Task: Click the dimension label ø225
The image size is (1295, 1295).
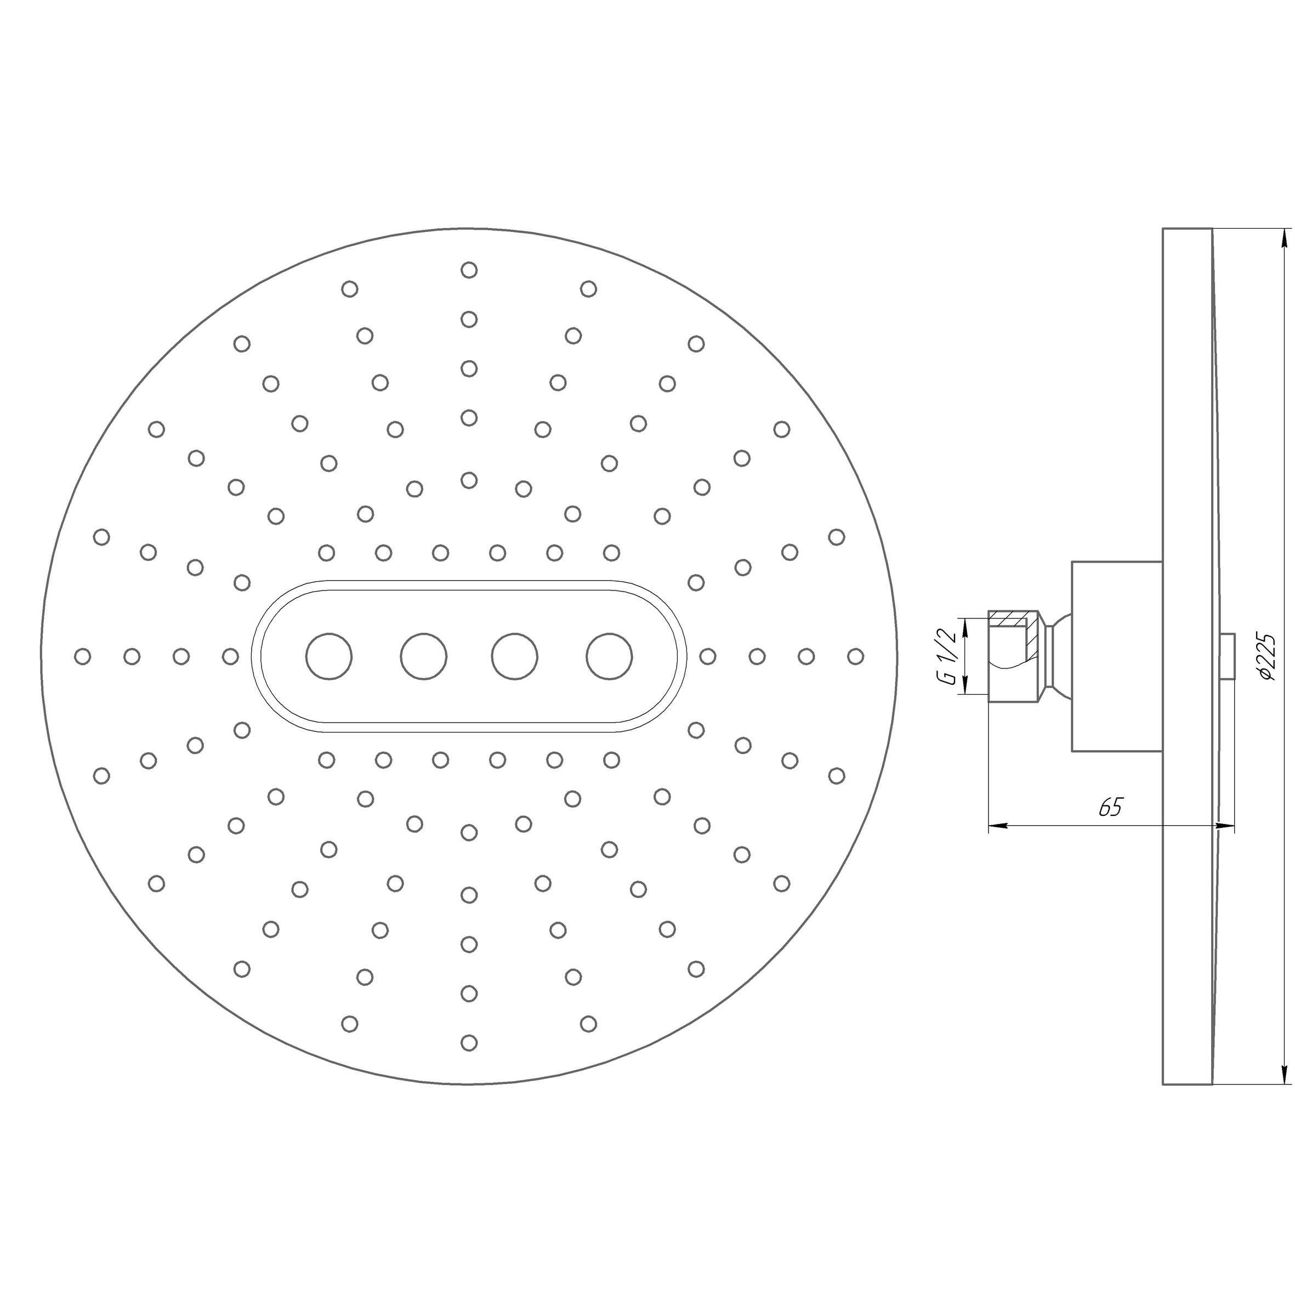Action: pyautogui.click(x=1267, y=657)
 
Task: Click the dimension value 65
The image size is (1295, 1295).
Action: pyautogui.click(x=1110, y=808)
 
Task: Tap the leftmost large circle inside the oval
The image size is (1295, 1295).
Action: pyautogui.click(x=328, y=656)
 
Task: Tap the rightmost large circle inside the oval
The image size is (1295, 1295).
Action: pyautogui.click(x=609, y=656)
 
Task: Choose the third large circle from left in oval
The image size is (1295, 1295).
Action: pyautogui.click(x=514, y=656)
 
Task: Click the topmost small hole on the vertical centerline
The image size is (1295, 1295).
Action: pyautogui.click(x=469, y=270)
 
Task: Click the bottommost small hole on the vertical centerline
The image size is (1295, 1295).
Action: pyautogui.click(x=469, y=1042)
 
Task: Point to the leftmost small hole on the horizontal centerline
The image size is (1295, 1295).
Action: pyautogui.click(x=82, y=656)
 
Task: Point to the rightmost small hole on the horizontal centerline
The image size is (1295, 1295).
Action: pyautogui.click(x=855, y=656)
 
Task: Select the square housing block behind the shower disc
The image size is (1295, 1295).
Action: pyautogui.click(x=1116, y=656)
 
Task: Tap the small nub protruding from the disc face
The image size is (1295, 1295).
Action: pyautogui.click(x=1228, y=656)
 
